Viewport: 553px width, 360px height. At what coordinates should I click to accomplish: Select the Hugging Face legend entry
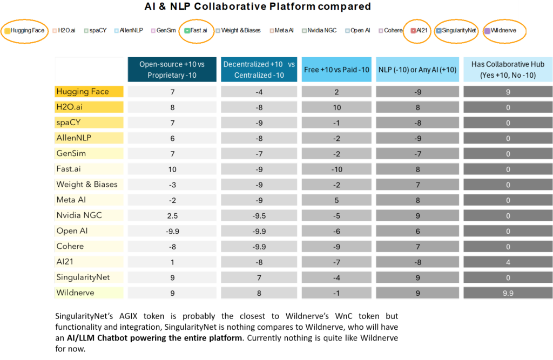(x=25, y=30)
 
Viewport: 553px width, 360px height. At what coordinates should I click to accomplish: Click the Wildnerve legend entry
(x=503, y=30)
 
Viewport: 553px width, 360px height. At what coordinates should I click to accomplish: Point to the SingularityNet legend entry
(x=456, y=30)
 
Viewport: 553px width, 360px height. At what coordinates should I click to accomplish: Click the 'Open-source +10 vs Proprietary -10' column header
(x=172, y=70)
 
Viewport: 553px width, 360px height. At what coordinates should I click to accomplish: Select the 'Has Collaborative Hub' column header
(x=507, y=70)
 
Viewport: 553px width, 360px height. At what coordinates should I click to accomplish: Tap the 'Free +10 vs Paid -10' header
(x=336, y=70)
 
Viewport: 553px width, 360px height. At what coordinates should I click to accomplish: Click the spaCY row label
(x=68, y=123)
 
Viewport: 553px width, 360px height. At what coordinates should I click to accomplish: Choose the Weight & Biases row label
(x=87, y=184)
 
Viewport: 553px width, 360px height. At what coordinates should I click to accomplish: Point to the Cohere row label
(x=70, y=246)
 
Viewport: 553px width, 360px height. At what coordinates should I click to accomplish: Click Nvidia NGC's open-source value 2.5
(x=172, y=215)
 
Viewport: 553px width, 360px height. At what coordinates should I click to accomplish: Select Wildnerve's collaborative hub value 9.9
(x=507, y=293)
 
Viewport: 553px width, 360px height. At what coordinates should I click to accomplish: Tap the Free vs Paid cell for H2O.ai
(x=336, y=107)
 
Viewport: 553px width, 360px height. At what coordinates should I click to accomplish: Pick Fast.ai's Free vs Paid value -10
(x=336, y=169)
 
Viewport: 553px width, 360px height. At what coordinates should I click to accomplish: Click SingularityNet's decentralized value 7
(x=259, y=277)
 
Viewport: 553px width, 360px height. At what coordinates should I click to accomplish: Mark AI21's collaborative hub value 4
(x=507, y=262)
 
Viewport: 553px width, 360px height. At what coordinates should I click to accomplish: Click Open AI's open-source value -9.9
(x=172, y=230)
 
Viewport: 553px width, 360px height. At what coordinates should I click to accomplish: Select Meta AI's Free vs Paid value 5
(x=336, y=200)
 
